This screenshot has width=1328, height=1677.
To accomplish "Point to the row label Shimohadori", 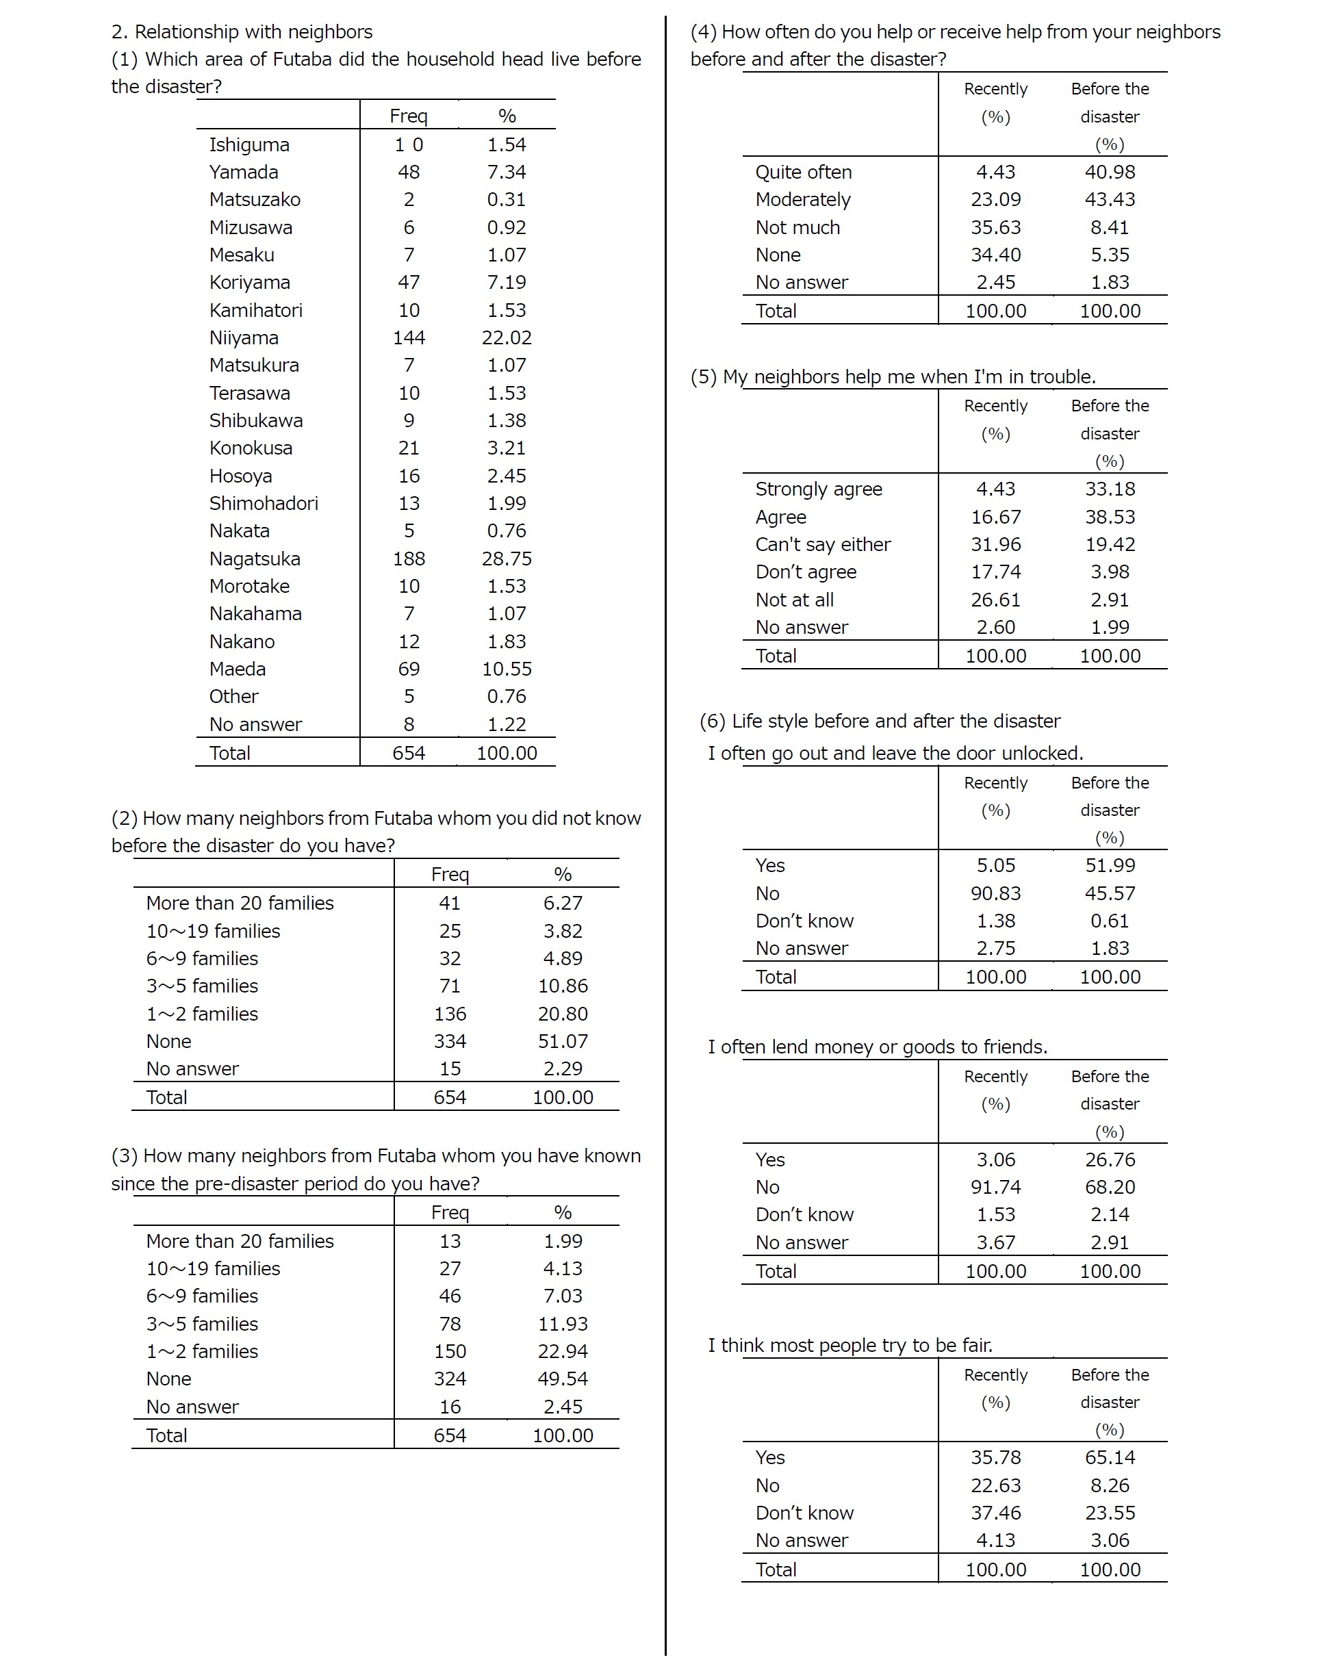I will [264, 503].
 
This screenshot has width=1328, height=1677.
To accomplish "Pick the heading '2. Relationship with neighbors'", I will [242, 32].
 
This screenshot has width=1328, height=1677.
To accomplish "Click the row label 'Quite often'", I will [803, 172].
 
